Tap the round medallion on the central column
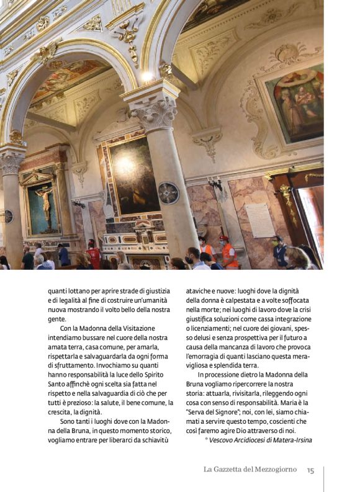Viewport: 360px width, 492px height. click(168, 193)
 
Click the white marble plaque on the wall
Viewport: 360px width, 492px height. click(260, 220)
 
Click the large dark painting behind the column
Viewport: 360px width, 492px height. click(134, 175)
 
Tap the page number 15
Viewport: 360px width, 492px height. click(310, 470)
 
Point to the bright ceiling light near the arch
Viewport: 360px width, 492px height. click(146, 77)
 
